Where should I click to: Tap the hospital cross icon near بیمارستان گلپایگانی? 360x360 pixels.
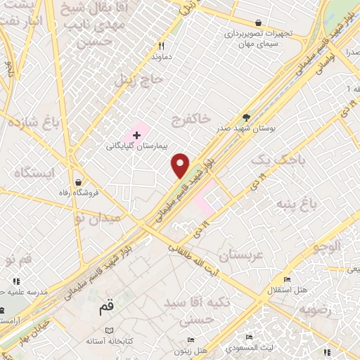[136, 134]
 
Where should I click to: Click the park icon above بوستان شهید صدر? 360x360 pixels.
[245, 117]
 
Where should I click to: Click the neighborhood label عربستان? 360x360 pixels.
[240, 255]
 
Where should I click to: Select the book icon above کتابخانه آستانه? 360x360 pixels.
[108, 330]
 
